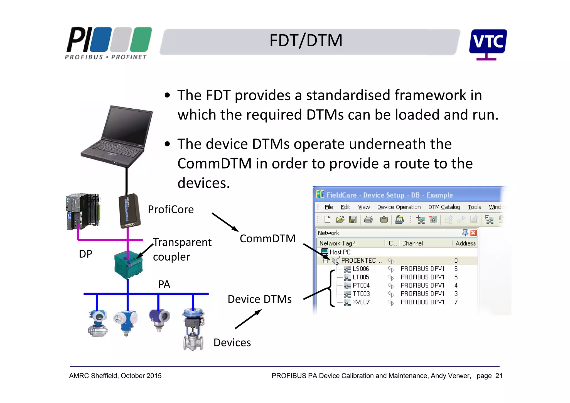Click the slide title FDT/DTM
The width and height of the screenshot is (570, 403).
pyautogui.click(x=306, y=41)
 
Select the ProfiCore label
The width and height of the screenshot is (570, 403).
pyautogui.click(x=171, y=209)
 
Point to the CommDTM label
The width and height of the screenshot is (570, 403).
pyautogui.click(x=267, y=239)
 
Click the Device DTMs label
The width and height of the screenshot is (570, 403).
pyautogui.click(x=259, y=299)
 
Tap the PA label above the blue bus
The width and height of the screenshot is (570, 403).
pyautogui.click(x=164, y=285)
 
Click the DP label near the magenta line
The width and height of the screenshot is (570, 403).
pyautogui.click(x=85, y=254)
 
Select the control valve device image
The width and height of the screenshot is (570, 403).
pyautogui.click(x=193, y=329)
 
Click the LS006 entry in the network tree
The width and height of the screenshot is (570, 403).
pyautogui.click(x=360, y=269)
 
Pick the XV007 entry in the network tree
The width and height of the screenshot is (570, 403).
pyautogui.click(x=361, y=302)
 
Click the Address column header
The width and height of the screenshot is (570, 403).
pyautogui.click(x=465, y=243)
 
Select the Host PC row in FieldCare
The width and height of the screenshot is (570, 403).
pyautogui.click(x=340, y=252)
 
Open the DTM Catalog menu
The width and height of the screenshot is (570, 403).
pyautogui.click(x=444, y=207)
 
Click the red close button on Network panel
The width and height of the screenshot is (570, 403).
pyautogui.click(x=473, y=233)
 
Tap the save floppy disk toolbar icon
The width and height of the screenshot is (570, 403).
pyautogui.click(x=353, y=220)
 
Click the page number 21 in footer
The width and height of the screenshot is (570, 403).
pyautogui.click(x=499, y=376)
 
